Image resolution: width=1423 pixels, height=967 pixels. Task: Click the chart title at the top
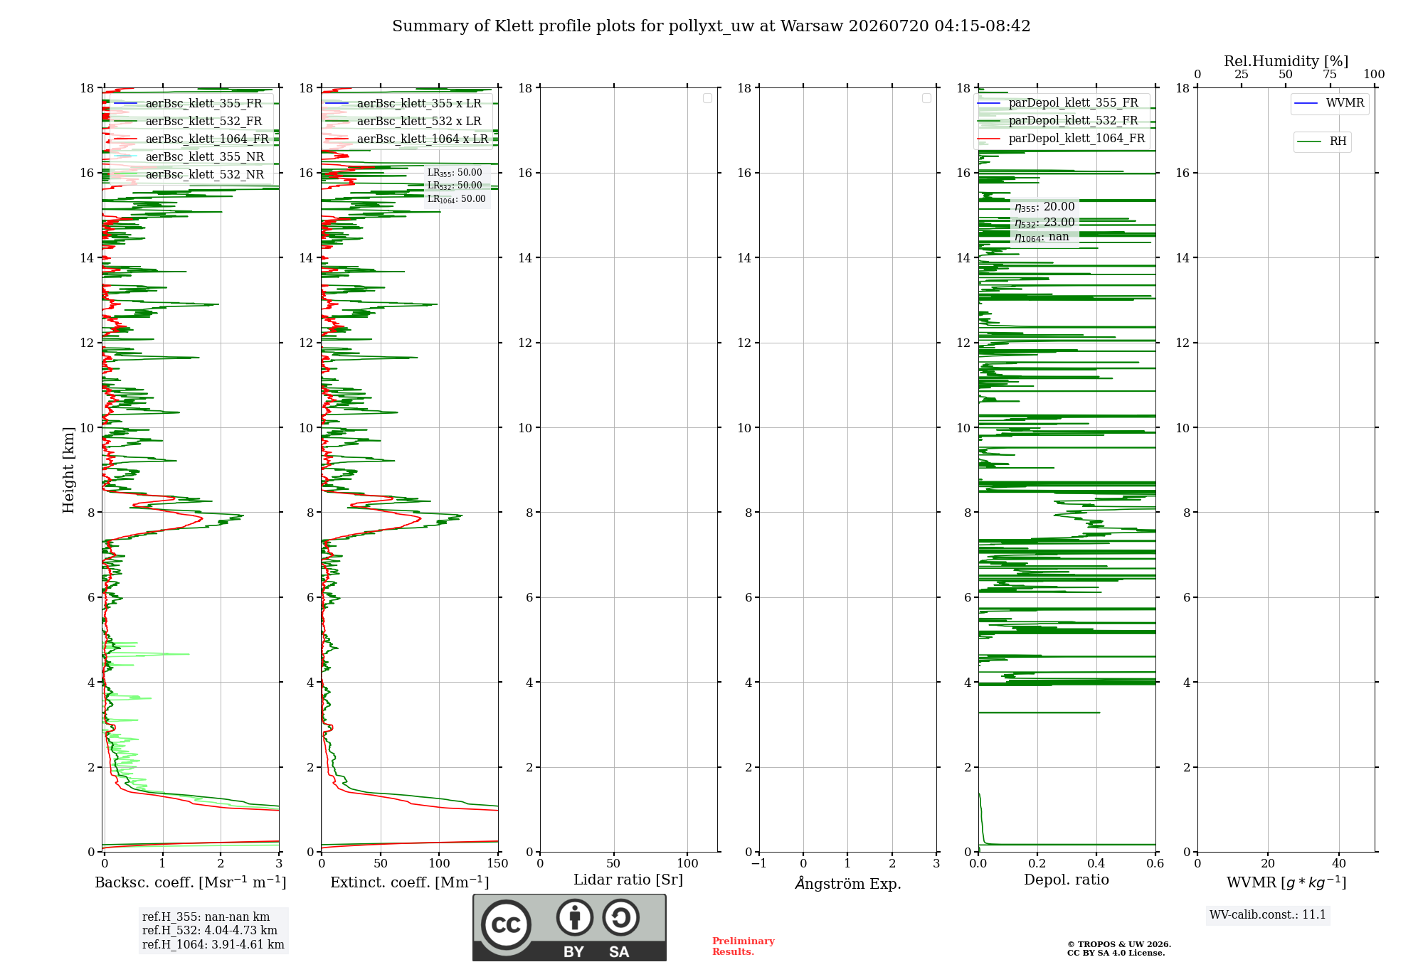(711, 26)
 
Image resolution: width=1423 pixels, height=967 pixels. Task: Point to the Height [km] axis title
(68, 470)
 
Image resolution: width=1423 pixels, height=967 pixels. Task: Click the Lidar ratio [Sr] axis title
(628, 880)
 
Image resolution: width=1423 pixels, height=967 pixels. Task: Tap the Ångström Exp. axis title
(848, 883)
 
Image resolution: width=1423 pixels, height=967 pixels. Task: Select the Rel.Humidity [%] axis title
(1286, 61)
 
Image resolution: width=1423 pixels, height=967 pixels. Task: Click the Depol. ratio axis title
(1067, 880)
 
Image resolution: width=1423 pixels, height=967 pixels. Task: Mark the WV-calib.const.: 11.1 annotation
(1268, 915)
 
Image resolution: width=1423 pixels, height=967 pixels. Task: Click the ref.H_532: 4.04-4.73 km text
(210, 931)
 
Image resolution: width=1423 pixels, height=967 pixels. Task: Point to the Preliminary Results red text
(744, 946)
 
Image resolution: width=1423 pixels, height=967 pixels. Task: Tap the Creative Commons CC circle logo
(506, 925)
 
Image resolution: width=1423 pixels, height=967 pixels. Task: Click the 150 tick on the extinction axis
(497, 864)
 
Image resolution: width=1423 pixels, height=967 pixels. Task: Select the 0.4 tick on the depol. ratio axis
(1096, 864)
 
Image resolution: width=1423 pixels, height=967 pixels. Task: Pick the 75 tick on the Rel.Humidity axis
(1329, 75)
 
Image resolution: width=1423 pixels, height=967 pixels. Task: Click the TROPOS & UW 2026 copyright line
(1119, 945)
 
